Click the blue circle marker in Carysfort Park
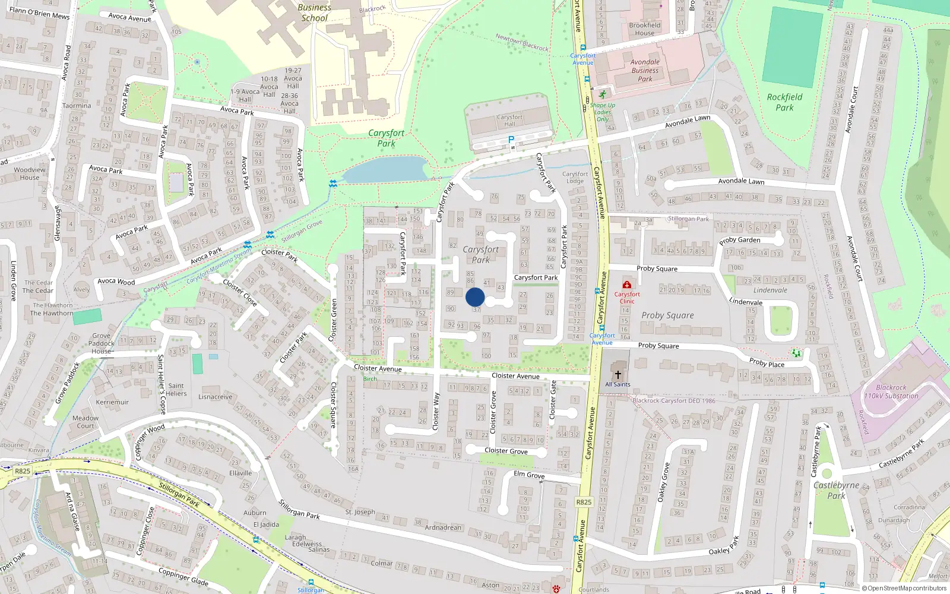point(475,297)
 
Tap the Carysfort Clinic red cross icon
point(626,285)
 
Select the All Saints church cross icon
point(617,374)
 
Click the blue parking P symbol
point(511,140)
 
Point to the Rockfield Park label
point(784,102)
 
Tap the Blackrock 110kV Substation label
point(891,391)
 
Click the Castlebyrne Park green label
point(836,490)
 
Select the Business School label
point(314,12)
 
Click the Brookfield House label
point(644,29)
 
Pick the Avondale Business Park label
point(645,70)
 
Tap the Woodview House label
point(29,173)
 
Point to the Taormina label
point(77,106)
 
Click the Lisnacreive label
point(215,397)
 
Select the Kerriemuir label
point(112,402)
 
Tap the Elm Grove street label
point(529,475)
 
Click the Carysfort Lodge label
point(575,178)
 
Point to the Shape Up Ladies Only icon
point(603,94)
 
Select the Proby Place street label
point(767,362)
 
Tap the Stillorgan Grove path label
point(302,231)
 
